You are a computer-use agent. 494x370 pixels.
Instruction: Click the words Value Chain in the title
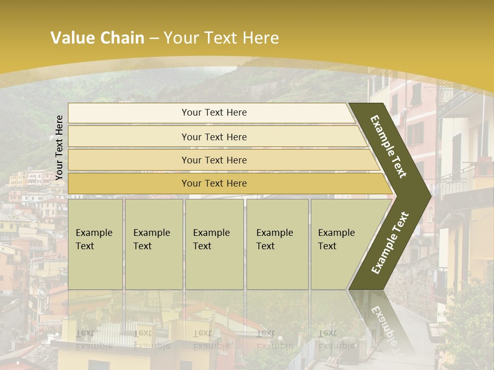click(97, 38)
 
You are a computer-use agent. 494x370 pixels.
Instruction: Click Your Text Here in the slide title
click(221, 38)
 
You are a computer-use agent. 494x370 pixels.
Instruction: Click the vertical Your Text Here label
click(59, 147)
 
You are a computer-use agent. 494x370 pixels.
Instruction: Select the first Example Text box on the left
click(95, 244)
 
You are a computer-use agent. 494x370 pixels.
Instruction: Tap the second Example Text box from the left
click(153, 244)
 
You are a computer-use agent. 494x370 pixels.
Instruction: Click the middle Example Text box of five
click(214, 244)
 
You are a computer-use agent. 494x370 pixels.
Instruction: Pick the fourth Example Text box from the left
click(277, 244)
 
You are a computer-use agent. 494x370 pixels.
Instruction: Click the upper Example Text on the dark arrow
click(389, 146)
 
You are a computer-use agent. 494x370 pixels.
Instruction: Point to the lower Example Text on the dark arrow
click(390, 243)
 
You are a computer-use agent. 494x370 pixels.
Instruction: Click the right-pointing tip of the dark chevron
click(428, 196)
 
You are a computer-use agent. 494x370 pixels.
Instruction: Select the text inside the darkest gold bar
click(214, 183)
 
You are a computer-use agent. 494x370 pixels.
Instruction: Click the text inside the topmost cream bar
click(214, 113)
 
